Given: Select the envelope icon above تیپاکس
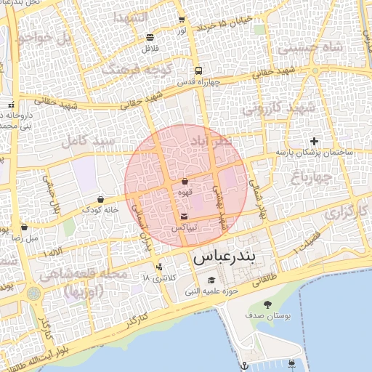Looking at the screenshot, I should pyautogui.click(x=184, y=217).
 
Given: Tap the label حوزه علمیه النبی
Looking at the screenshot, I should pyautogui.click(x=211, y=291).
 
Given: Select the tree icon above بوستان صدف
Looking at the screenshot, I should pyautogui.click(x=268, y=304).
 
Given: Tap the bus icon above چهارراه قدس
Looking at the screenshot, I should pyautogui.click(x=198, y=71).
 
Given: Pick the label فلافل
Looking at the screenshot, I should pyautogui.click(x=150, y=48).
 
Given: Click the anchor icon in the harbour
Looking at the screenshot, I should pyautogui.click(x=245, y=364).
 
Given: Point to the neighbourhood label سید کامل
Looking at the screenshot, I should pyautogui.click(x=87, y=139).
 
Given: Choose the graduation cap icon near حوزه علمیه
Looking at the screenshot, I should pyautogui.click(x=211, y=280).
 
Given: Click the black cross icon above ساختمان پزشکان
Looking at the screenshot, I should pyautogui.click(x=313, y=141).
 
